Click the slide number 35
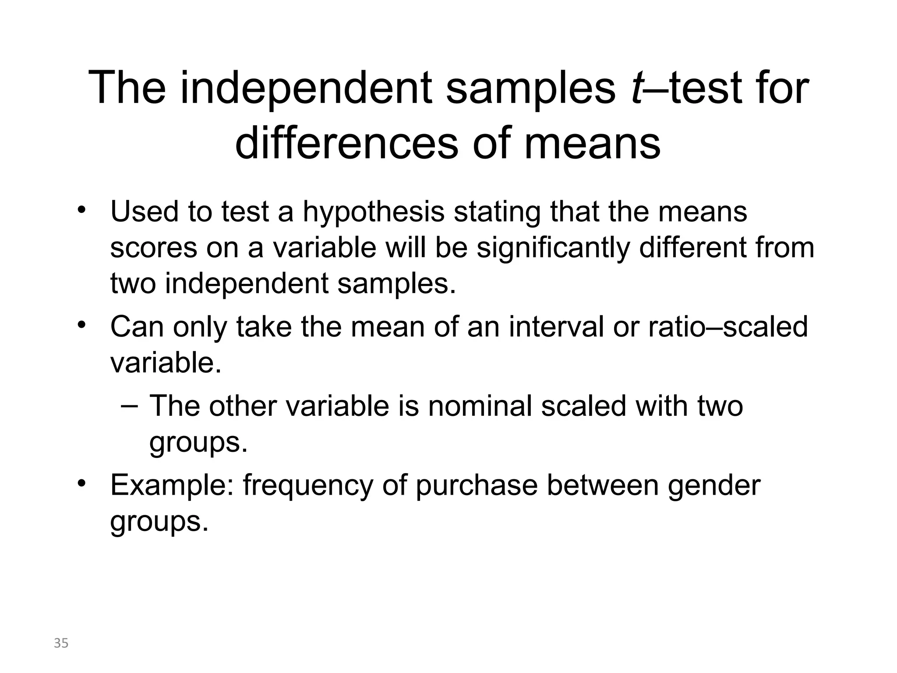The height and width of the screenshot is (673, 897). [x=61, y=643]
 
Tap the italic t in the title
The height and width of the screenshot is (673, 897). [x=636, y=89]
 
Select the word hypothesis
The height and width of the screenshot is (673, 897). [x=374, y=212]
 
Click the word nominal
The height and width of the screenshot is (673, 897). [x=480, y=406]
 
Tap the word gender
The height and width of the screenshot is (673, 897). [x=714, y=486]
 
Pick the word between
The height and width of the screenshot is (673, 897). [x=603, y=485]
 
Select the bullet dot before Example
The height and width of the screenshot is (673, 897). [x=81, y=484]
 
